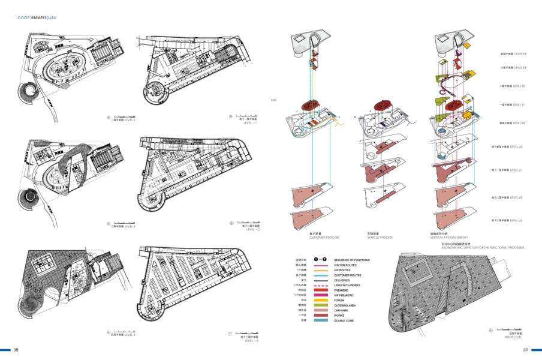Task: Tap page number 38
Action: [x=17, y=350]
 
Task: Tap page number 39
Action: [x=525, y=350]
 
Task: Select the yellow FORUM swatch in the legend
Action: [x=321, y=300]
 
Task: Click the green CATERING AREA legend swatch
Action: [x=321, y=305]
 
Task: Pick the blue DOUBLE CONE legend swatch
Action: [x=321, y=320]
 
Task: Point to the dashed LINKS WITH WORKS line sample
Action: [x=321, y=285]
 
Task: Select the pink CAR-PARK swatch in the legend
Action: [x=321, y=310]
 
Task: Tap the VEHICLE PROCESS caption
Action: [x=380, y=238]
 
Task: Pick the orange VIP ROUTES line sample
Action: [x=321, y=270]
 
